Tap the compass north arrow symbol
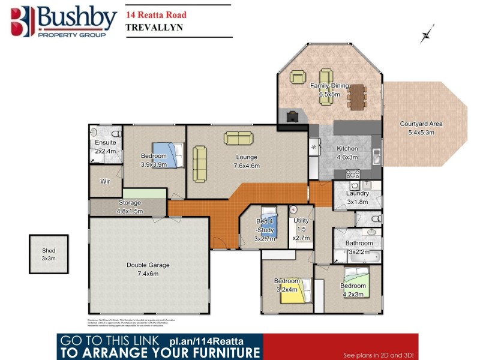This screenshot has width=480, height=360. coord(427,33)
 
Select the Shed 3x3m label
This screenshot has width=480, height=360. coord(48,254)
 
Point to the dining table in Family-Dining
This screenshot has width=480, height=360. coord(357,97)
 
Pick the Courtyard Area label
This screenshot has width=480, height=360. coord(421,128)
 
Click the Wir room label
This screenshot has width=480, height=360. coord(104,181)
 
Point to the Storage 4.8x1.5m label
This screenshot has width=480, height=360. coord(129,207)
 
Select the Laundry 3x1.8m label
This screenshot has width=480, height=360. coord(357,197)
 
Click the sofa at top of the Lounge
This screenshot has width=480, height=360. coord(238,138)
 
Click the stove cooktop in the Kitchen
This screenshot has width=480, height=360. coord(353,175)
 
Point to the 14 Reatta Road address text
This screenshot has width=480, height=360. coord(156,15)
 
